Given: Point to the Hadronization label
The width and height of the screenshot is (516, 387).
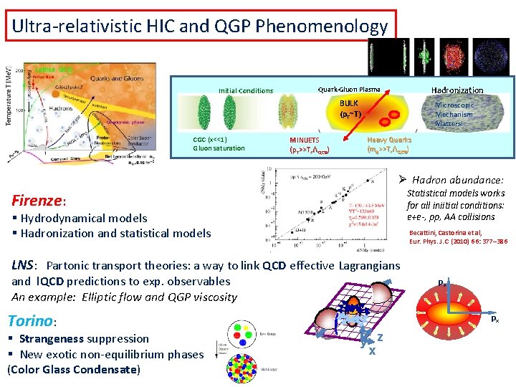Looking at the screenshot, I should [x=457, y=90].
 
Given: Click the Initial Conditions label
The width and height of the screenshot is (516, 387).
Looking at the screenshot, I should [x=245, y=91].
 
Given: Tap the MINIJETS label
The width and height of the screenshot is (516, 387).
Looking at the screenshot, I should [x=305, y=140].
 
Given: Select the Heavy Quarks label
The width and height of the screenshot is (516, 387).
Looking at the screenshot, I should [x=389, y=140].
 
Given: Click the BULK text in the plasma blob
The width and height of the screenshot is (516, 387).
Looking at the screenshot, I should [x=349, y=103].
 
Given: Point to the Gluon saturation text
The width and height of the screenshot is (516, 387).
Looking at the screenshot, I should [x=219, y=148].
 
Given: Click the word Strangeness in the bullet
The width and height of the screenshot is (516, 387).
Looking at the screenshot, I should [x=48, y=339].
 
